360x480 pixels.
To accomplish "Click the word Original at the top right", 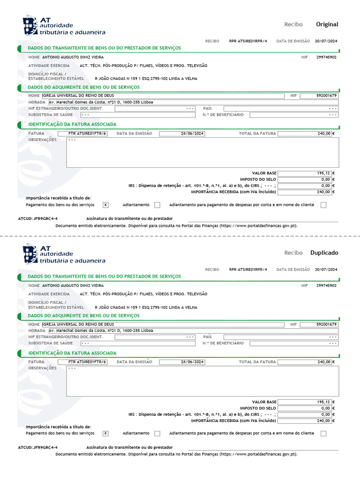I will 327,24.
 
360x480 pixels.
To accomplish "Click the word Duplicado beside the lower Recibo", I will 324,253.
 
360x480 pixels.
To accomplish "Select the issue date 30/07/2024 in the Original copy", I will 326,41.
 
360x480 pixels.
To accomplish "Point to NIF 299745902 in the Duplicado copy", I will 326,285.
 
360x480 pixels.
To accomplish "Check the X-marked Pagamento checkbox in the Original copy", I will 105,205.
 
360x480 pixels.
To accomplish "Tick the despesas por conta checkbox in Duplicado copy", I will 323,434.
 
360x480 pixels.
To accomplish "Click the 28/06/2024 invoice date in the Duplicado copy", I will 192,362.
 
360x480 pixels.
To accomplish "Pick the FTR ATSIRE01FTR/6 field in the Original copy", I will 87,134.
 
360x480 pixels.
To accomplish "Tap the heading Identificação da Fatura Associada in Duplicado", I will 72,353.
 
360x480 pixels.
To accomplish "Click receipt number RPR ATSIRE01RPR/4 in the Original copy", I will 248,41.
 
